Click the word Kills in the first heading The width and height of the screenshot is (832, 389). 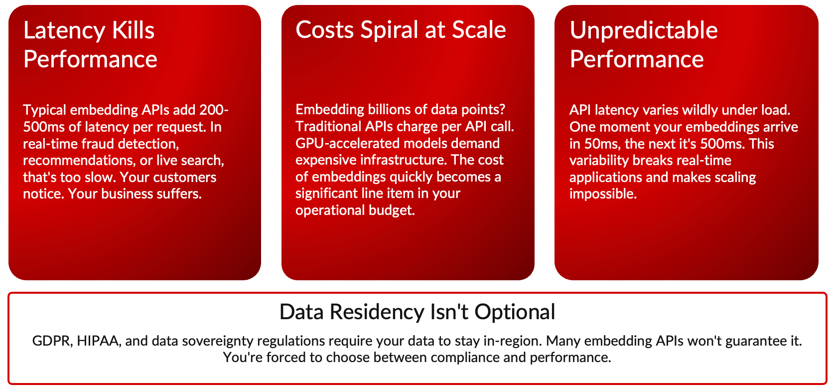133,30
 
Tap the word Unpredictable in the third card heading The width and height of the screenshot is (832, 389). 643,30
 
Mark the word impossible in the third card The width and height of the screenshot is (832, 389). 603,194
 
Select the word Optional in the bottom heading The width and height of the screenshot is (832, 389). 515,312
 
